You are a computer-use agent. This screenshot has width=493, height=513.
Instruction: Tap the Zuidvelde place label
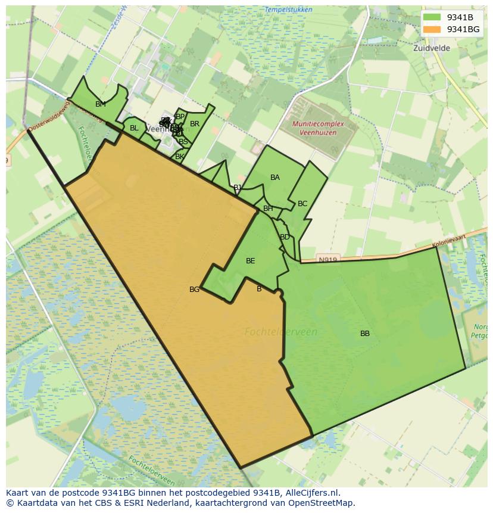[432, 48]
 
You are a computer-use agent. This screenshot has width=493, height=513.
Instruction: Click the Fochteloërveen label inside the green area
[281, 332]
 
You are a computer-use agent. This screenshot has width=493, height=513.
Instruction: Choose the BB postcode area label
[365, 334]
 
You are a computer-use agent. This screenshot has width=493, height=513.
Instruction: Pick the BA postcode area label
[275, 178]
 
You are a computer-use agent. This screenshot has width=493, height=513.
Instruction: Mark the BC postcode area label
[302, 204]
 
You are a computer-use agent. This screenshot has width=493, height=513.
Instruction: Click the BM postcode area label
[101, 104]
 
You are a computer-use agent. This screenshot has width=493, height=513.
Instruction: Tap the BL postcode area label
[134, 128]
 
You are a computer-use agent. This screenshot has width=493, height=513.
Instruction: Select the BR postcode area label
[195, 124]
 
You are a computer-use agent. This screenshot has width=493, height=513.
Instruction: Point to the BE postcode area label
[251, 261]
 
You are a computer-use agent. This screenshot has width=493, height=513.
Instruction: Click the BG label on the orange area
[194, 290]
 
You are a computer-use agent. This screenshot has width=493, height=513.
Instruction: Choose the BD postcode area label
[285, 237]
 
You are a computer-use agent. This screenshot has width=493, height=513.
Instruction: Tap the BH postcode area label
[268, 209]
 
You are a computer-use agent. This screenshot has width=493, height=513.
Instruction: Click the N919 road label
[327, 260]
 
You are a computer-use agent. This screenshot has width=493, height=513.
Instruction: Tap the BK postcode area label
[179, 157]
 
